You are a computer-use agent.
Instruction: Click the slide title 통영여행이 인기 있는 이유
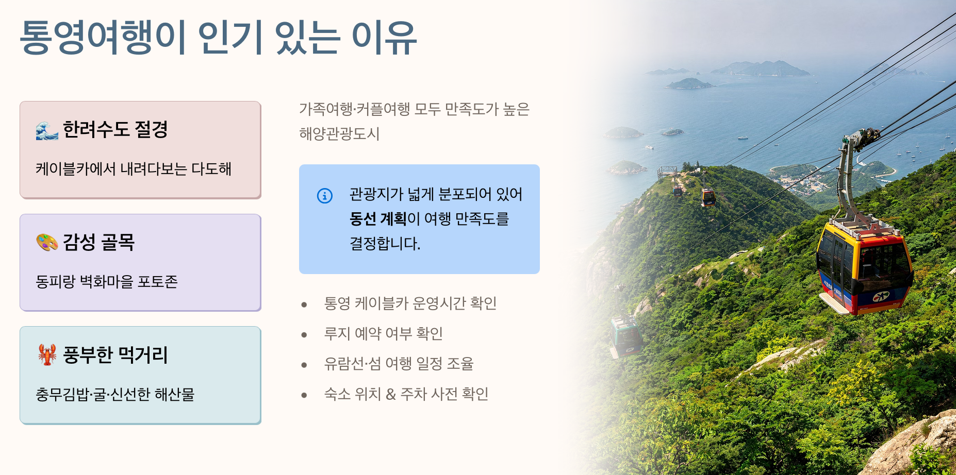point(218,38)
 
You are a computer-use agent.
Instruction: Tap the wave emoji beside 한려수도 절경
point(47,130)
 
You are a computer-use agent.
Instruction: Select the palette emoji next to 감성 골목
point(47,242)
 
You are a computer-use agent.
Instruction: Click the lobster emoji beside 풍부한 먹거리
point(47,355)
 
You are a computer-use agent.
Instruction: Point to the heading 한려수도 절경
point(116,129)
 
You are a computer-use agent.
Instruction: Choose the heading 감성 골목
point(99,242)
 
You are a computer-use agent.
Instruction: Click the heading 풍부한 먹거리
point(116,354)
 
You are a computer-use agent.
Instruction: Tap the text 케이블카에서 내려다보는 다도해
point(134,169)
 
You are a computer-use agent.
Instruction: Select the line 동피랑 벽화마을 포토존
point(107,282)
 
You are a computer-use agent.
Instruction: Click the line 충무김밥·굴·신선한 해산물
point(115,395)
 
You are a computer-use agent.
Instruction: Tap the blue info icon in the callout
point(325,196)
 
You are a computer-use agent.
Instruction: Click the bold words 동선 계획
point(378,219)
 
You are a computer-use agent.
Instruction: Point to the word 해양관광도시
point(339,134)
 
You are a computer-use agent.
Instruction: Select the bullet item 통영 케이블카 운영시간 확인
point(410,303)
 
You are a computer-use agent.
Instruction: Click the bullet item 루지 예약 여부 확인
point(384,334)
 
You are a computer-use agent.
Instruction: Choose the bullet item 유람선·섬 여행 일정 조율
point(399,364)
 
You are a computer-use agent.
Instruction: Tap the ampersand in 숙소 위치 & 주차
point(391,395)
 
